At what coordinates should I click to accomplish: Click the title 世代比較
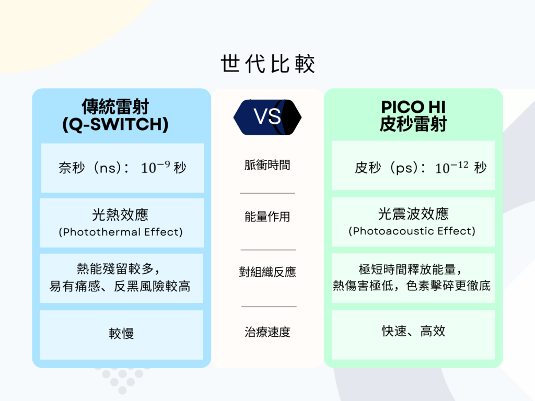click(267, 63)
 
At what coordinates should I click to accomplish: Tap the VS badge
click(267, 117)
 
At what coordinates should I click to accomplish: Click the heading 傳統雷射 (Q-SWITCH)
click(115, 115)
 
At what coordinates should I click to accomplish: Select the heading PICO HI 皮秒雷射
click(413, 115)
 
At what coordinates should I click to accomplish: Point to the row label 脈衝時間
click(267, 165)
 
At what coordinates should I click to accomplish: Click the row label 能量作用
click(267, 217)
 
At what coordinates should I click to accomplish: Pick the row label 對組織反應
click(267, 272)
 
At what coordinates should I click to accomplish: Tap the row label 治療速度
click(267, 332)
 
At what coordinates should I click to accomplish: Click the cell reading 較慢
click(121, 333)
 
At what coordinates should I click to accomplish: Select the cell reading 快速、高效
click(413, 331)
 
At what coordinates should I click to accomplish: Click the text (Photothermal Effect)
click(121, 232)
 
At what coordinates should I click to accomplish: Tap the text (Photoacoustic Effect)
click(412, 231)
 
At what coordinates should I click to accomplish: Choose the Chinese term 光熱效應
click(120, 215)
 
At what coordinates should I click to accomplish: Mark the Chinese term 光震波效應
click(413, 214)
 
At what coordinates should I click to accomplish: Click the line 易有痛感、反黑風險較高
click(120, 286)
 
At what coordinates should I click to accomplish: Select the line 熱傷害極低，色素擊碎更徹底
click(412, 286)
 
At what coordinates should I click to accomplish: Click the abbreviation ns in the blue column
click(108, 168)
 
